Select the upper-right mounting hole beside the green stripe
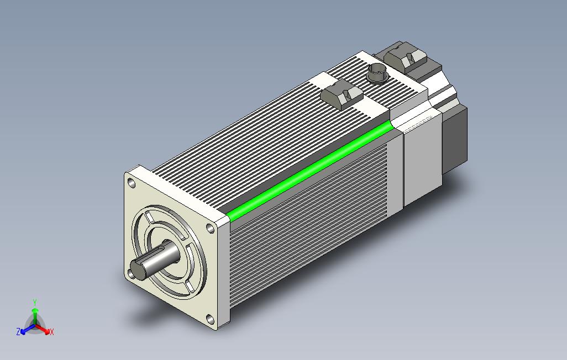click(x=209, y=227)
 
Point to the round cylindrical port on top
click(x=377, y=72)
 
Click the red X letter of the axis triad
click(x=51, y=332)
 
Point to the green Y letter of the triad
click(x=35, y=302)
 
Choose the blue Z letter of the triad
click(x=18, y=332)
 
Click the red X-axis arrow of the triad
click(x=44, y=329)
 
